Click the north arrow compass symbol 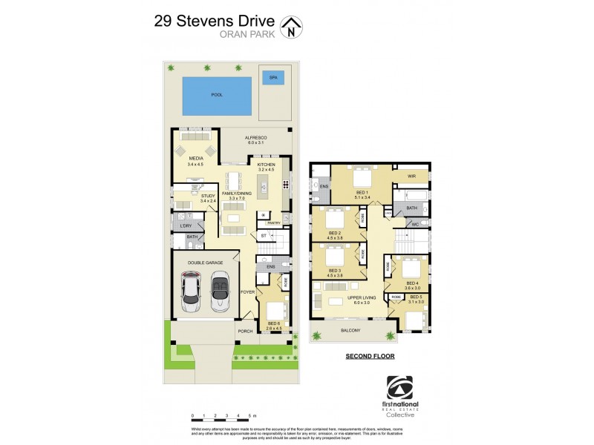pyautogui.click(x=295, y=27)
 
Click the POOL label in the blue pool pyautogui.click(x=217, y=95)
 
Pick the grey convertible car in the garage pyautogui.click(x=221, y=291)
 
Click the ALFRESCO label pyautogui.click(x=255, y=137)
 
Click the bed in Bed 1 pyautogui.click(x=362, y=179)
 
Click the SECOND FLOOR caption pyautogui.click(x=370, y=356)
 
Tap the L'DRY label pyautogui.click(x=186, y=225)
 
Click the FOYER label pyautogui.click(x=247, y=292)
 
